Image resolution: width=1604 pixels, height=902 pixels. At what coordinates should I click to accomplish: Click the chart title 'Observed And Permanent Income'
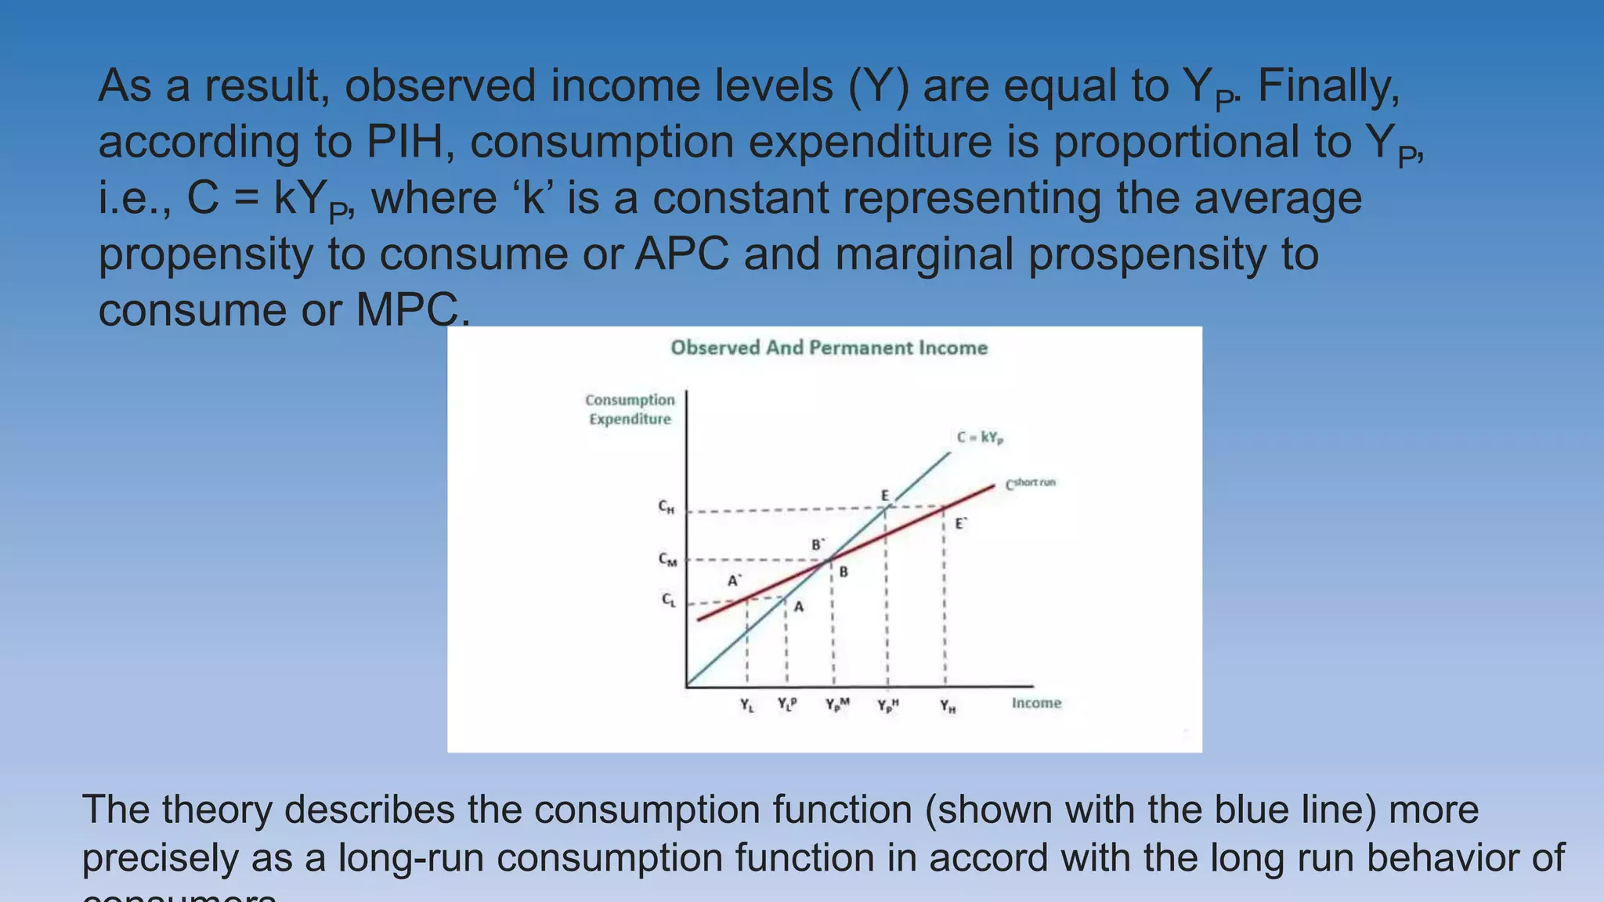pyautogui.click(x=829, y=348)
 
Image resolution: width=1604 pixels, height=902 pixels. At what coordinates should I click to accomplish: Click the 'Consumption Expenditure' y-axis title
pyautogui.click(x=630, y=410)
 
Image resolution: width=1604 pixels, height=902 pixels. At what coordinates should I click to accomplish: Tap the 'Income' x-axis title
pyautogui.click(x=1036, y=703)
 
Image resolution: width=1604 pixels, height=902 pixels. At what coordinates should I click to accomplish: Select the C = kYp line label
pyautogui.click(x=980, y=438)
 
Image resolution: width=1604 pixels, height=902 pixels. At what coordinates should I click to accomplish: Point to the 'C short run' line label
pyautogui.click(x=1031, y=483)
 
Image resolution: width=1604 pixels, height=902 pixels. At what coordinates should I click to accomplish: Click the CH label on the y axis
pyautogui.click(x=667, y=507)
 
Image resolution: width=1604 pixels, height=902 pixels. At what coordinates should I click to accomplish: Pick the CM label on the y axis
pyautogui.click(x=667, y=560)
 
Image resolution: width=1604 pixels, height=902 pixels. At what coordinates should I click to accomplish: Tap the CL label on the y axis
pyautogui.click(x=668, y=601)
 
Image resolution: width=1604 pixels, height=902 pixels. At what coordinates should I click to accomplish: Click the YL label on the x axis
pyautogui.click(x=747, y=705)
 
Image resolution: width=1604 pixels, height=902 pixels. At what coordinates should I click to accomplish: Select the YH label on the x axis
pyautogui.click(x=948, y=706)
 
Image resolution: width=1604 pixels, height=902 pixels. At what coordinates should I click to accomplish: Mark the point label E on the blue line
pyautogui.click(x=885, y=496)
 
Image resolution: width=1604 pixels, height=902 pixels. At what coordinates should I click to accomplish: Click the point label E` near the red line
pyautogui.click(x=961, y=524)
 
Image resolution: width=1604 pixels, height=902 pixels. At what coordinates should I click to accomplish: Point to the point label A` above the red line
pyautogui.click(x=735, y=581)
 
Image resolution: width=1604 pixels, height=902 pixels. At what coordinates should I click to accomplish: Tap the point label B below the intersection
pyautogui.click(x=844, y=572)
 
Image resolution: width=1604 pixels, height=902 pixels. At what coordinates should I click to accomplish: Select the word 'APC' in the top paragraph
pyautogui.click(x=681, y=254)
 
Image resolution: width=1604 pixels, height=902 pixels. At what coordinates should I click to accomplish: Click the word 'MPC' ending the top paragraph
pyautogui.click(x=410, y=310)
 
